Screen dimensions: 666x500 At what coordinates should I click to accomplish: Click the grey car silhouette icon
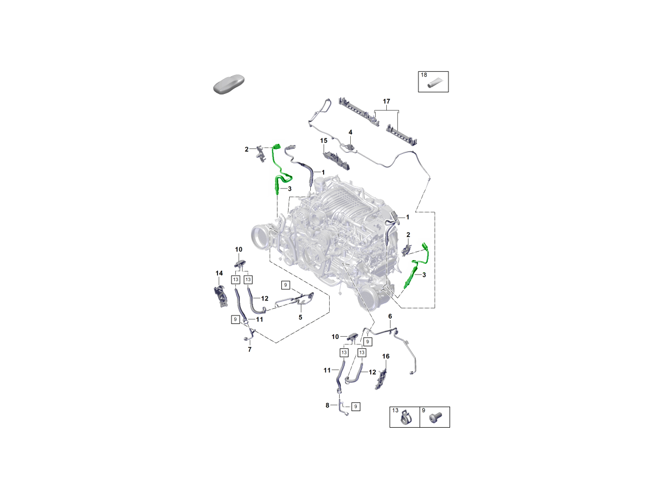tap(229, 84)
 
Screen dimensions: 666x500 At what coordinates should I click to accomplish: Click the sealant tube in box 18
tap(435, 83)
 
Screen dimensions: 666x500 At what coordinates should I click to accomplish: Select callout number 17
tap(386, 102)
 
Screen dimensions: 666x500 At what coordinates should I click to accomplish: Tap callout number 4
tap(350, 132)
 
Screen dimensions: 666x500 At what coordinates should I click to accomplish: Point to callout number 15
tap(324, 141)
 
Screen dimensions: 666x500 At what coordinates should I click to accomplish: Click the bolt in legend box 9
tap(436, 418)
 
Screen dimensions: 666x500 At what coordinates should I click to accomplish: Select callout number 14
tap(219, 273)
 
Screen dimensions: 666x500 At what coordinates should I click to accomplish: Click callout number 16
tap(386, 356)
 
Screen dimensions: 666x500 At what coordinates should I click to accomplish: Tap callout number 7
tap(250, 349)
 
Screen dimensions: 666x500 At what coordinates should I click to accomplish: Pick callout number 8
tap(327, 406)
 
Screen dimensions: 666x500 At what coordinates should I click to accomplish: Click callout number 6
tap(390, 316)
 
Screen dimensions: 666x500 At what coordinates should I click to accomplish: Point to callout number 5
tap(300, 317)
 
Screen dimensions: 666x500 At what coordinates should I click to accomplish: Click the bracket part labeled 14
tap(220, 296)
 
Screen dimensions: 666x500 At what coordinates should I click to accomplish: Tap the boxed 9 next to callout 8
tap(356, 407)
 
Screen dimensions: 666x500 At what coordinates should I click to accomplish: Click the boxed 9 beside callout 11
tap(235, 319)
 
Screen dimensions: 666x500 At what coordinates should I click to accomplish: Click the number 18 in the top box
tap(424, 74)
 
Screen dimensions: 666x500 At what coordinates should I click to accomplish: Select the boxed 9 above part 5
tap(285, 285)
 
